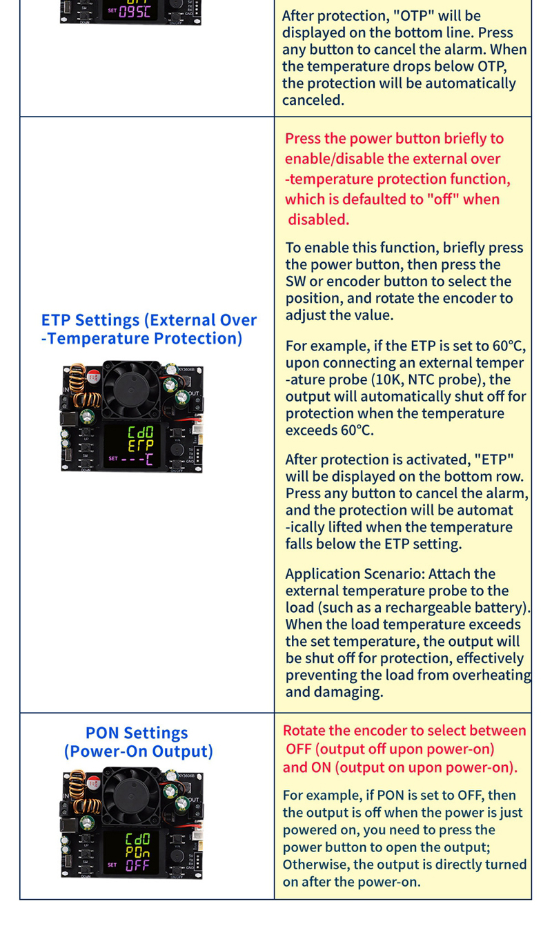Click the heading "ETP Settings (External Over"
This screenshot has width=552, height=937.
pos(149,320)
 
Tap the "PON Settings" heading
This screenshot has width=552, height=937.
pos(137,733)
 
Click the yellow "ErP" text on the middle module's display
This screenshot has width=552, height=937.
pos(141,446)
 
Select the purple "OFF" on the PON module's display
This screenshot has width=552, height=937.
pos(137,865)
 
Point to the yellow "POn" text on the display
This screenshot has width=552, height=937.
pos(137,851)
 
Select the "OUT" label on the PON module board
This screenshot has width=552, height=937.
pos(193,800)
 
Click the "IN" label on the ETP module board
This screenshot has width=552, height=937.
pos(66,390)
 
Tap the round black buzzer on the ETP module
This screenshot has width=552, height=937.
pos(177,451)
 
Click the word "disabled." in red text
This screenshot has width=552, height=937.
pos(318,219)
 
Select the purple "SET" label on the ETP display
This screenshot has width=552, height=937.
pos(113,458)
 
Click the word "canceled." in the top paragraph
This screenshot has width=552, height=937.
pos(313,101)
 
